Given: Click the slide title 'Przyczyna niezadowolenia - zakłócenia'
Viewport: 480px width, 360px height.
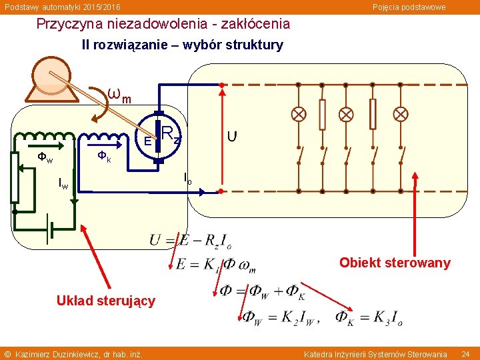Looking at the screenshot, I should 163,24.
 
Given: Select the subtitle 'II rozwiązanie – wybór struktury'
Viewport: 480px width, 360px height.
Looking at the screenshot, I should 182,45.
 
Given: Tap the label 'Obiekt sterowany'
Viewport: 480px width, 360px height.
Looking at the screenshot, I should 395,263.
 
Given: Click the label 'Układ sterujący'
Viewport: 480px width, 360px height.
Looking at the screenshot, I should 106,301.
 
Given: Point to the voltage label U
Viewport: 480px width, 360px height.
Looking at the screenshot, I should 231,137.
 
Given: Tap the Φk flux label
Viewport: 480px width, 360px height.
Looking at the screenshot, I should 104,157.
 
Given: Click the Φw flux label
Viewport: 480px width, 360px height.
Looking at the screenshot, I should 45,159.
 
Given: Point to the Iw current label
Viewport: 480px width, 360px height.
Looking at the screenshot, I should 63,183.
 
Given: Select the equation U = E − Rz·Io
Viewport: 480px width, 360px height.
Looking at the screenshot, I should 190,240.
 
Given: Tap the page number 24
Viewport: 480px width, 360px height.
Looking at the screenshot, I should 465,353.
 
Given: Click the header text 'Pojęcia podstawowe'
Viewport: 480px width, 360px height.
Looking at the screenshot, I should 409,7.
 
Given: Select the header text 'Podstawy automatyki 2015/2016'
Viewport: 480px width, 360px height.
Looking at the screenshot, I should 63,7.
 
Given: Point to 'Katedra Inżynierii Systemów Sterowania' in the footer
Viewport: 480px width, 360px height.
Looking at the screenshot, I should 375,353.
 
